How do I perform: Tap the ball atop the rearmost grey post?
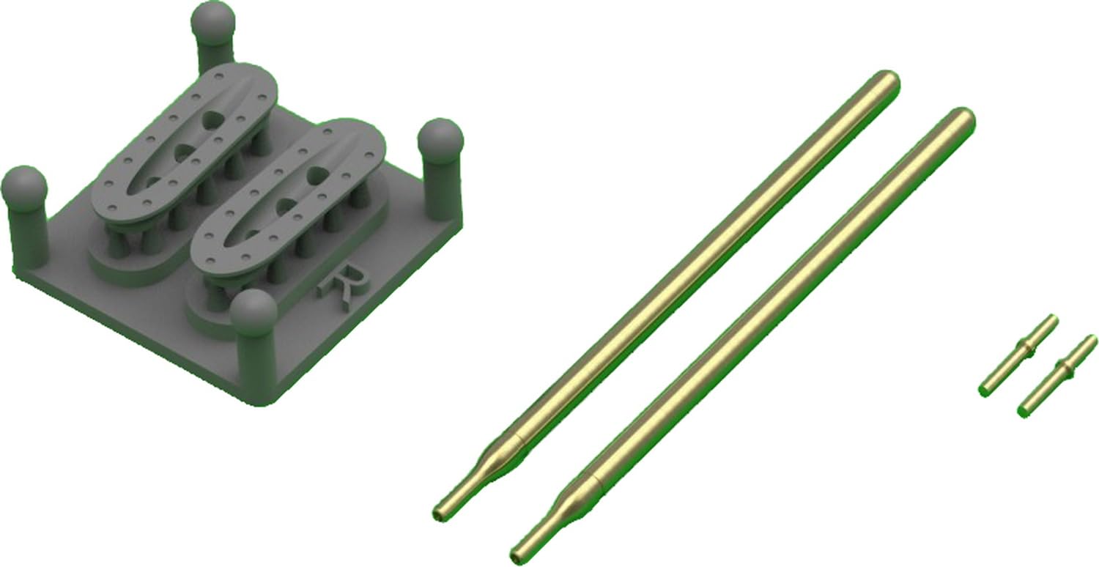tap(212, 21)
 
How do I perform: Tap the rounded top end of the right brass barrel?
tap(961, 119)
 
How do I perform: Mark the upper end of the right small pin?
tap(1090, 341)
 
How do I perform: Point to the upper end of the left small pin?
tap(1052, 320)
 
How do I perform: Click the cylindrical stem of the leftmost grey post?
tap(29, 234)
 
